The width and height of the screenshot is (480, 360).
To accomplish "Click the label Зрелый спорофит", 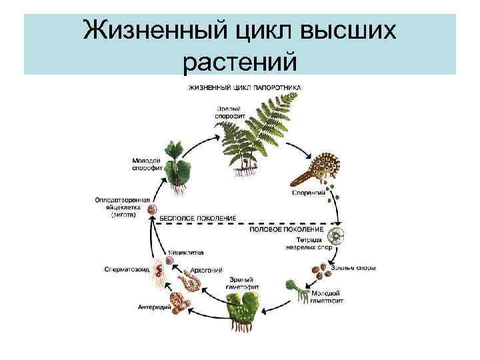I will [230, 113].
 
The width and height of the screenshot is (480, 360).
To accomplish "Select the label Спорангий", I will [308, 193].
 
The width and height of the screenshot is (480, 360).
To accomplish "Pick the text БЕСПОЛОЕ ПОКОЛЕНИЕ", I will [197, 218].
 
